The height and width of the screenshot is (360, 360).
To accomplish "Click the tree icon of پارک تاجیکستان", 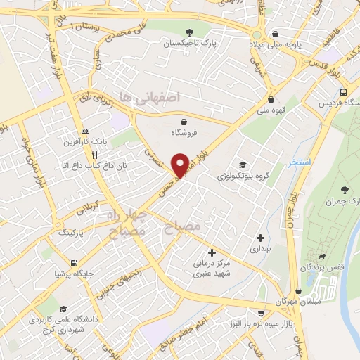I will (190, 32).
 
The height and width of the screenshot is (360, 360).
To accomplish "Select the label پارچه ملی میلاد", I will (281, 44).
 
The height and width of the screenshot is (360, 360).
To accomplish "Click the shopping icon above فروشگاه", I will (184, 120).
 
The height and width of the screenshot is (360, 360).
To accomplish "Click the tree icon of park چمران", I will (344, 188).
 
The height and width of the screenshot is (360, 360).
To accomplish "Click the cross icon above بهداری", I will (261, 238).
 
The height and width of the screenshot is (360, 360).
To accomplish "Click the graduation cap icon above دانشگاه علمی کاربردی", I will (63, 309).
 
